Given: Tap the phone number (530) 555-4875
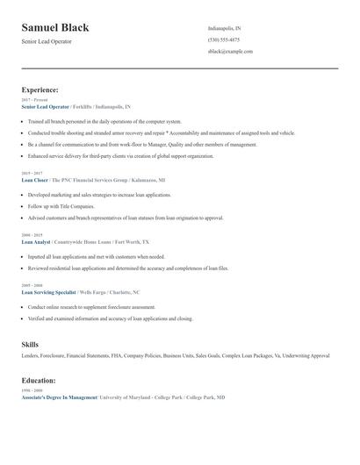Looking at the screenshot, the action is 223,39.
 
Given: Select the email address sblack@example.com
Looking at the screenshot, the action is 230,51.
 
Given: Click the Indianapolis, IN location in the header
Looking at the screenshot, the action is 224,28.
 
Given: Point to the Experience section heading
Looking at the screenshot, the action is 40,89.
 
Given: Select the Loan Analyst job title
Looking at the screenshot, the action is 35,240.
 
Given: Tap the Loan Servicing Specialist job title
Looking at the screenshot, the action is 47,291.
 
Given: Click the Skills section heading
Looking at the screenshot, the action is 30,344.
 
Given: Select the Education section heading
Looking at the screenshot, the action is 39,381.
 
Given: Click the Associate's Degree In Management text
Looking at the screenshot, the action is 59,397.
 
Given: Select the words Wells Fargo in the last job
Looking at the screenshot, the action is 92,291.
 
